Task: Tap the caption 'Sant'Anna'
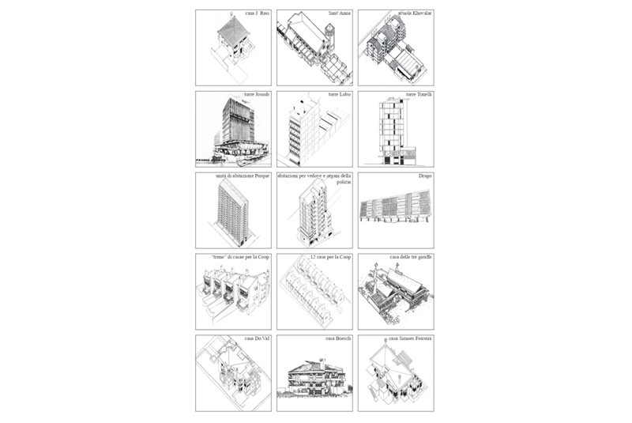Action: (339, 13)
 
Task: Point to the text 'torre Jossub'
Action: (256, 95)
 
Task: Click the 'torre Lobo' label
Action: (339, 95)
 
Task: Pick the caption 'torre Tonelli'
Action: (419, 95)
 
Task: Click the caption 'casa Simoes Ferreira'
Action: (410, 338)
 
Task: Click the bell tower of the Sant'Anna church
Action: (329, 36)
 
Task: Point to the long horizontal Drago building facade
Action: (395, 210)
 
